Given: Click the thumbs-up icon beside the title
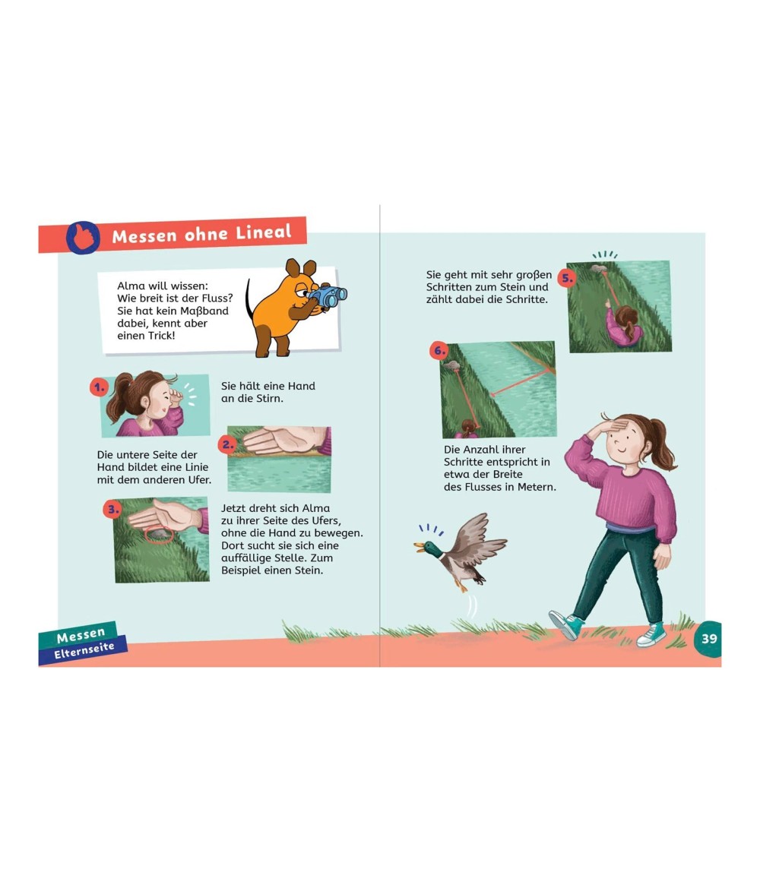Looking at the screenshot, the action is click(x=83, y=238).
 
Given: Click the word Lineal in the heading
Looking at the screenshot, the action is click(x=263, y=232).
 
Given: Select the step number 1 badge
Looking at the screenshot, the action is click(x=99, y=387).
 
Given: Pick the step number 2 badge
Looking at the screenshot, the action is click(x=227, y=444).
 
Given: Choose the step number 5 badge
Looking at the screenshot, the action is click(x=567, y=277).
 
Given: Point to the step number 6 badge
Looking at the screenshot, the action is click(x=439, y=350).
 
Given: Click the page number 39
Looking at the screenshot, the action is click(x=709, y=638).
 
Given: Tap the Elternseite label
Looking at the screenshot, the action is click(x=84, y=650).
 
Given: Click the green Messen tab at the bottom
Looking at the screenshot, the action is click(x=81, y=635).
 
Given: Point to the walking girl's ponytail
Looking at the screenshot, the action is click(x=662, y=444).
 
